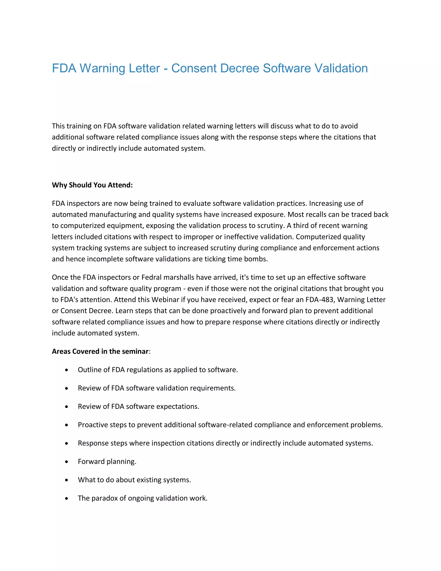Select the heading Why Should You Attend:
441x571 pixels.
click(x=92, y=185)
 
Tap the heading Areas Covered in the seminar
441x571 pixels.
click(x=100, y=351)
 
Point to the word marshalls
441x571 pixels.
click(x=179, y=277)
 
